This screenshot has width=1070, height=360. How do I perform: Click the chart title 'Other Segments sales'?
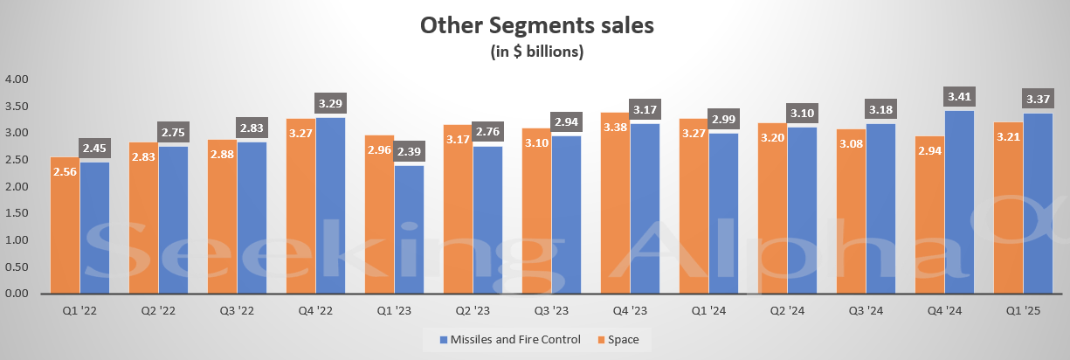(536, 25)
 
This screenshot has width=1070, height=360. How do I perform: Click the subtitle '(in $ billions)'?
(536, 52)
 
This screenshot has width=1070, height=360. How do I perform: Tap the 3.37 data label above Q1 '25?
(1038, 98)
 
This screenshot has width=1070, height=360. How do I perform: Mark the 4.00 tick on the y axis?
(17, 80)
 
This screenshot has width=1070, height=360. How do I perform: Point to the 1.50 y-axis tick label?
(17, 213)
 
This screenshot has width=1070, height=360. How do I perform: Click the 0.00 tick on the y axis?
(17, 294)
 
